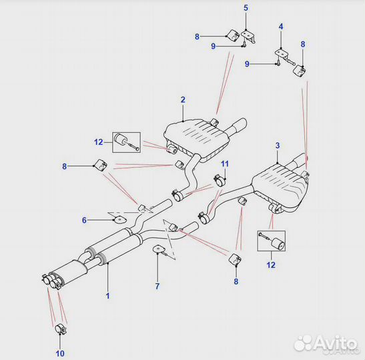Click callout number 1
click(107, 296)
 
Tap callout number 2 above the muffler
click(183, 100)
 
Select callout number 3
click(278, 145)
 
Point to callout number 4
click(281, 27)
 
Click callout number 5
click(246, 8)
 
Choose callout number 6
click(84, 220)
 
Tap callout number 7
click(157, 286)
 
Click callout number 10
click(60, 353)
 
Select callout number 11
click(225, 164)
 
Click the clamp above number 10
click(61, 329)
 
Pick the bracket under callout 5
click(249, 36)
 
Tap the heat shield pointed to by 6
click(119, 219)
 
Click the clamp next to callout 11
click(218, 180)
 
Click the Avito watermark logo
click(326, 343)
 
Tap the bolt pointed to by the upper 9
click(244, 43)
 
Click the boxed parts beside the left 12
click(126, 142)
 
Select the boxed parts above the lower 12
click(271, 241)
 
